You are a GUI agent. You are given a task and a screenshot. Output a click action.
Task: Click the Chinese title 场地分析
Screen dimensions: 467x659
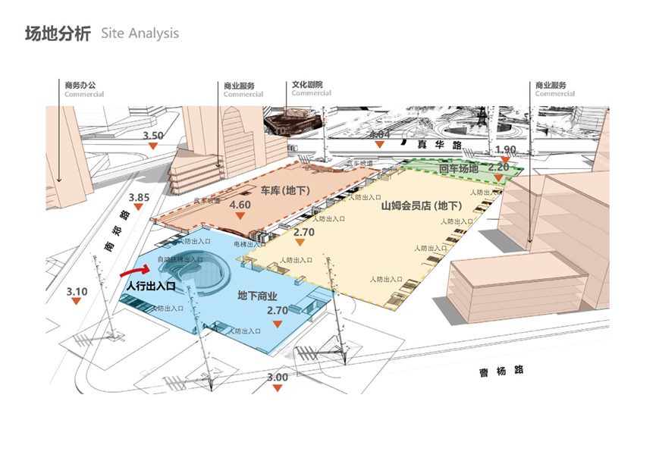click(58, 34)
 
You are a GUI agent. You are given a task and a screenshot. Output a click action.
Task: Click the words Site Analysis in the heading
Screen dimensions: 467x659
click(140, 34)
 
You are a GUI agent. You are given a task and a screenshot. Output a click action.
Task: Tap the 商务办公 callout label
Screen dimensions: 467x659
click(80, 86)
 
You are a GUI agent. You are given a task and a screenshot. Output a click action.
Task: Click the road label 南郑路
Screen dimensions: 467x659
click(113, 233)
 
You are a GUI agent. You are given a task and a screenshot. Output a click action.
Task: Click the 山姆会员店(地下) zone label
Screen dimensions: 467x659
click(420, 205)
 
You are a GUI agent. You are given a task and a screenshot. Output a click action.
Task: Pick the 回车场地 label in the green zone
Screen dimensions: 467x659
click(459, 168)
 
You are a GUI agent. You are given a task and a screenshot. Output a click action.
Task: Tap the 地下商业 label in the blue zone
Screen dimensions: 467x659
click(257, 295)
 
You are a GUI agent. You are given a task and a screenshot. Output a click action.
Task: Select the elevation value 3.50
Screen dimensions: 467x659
click(153, 135)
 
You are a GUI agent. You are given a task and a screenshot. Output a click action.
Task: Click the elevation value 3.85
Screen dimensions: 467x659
click(140, 199)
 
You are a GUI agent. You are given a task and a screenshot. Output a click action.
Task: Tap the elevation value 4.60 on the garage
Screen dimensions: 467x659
click(240, 205)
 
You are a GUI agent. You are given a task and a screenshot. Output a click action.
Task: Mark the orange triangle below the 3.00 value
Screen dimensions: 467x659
click(278, 388)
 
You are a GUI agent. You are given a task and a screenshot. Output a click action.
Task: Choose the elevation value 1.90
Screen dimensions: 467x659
click(505, 149)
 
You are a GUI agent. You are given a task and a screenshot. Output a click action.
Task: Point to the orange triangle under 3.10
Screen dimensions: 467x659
click(77, 302)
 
